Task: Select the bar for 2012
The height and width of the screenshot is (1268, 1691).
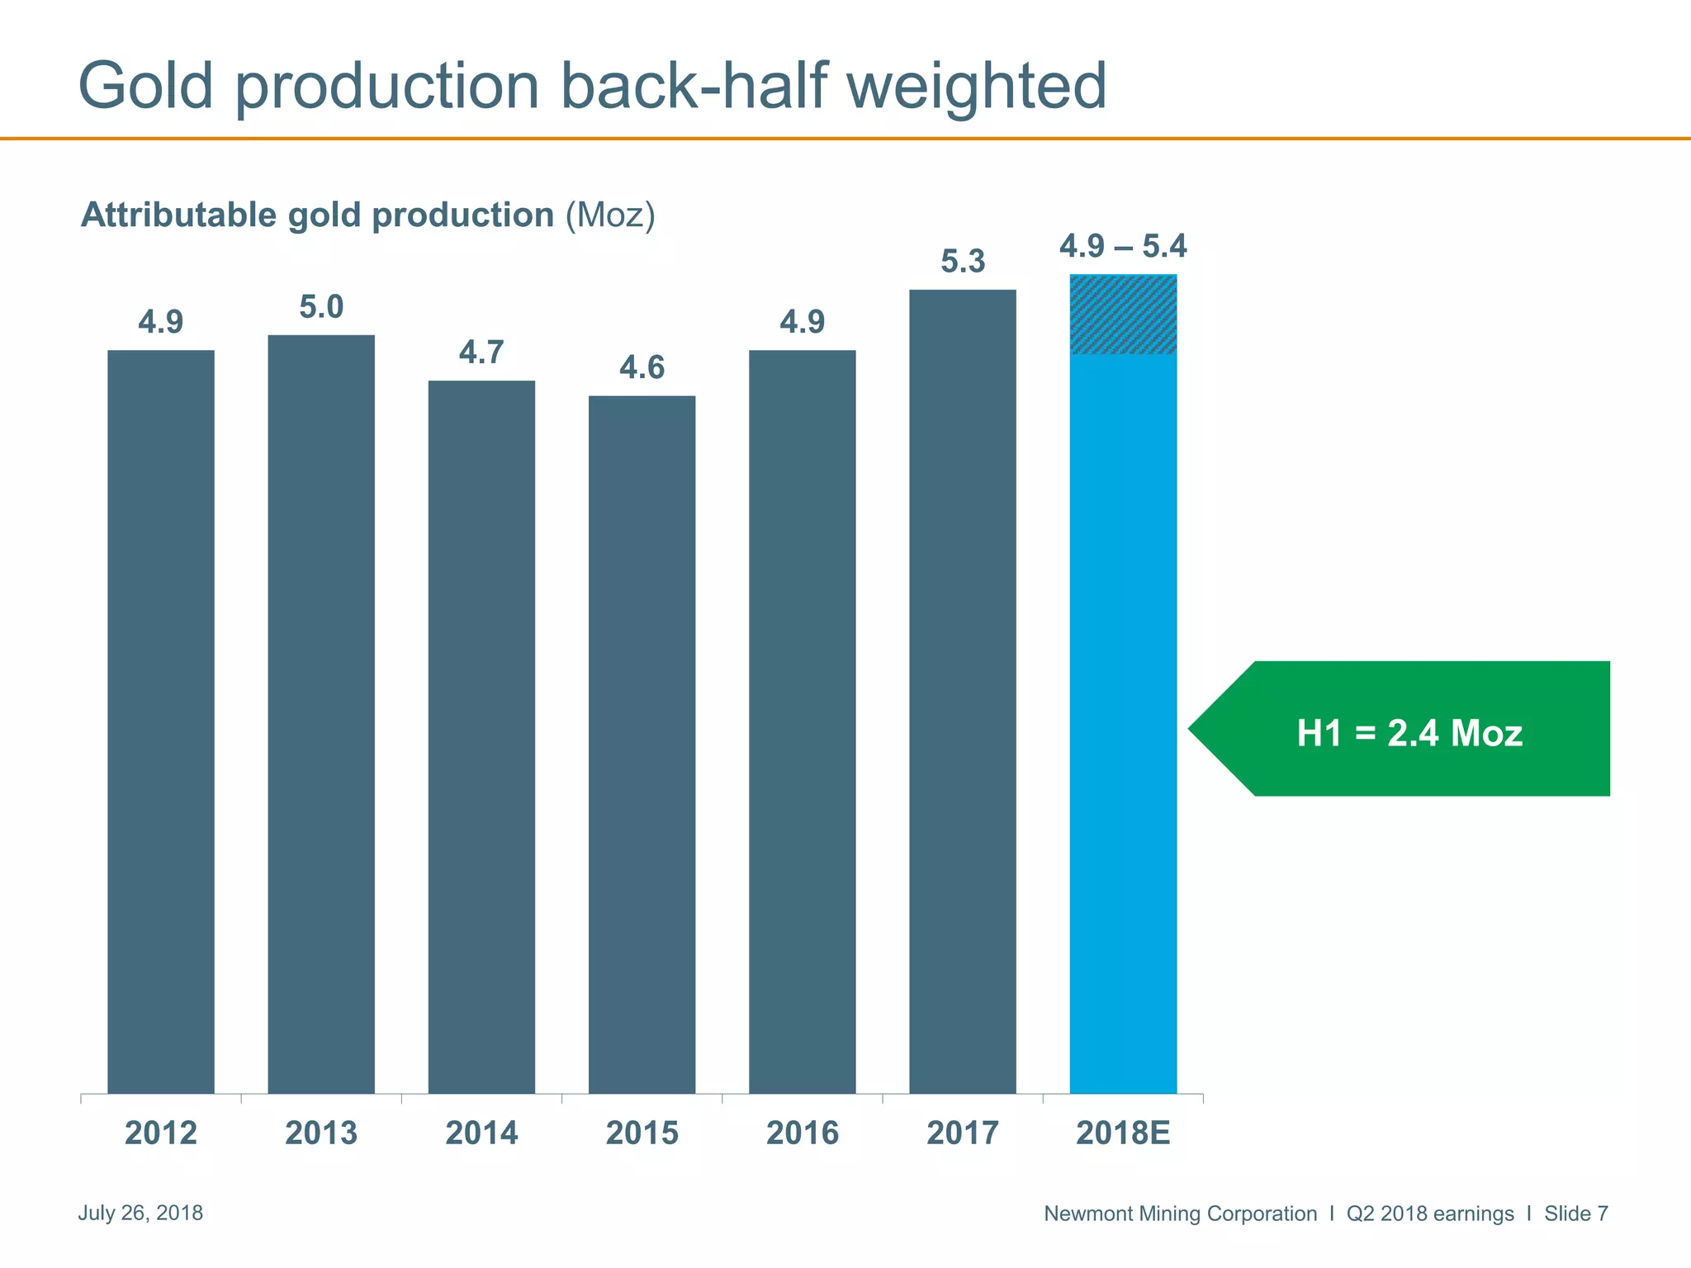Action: point(161,722)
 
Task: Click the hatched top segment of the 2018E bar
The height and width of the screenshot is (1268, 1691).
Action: point(1123,315)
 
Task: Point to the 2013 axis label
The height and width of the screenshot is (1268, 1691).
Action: point(321,1133)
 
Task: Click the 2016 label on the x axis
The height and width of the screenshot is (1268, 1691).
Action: point(803,1133)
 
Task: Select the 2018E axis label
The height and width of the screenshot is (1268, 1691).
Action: point(1123,1133)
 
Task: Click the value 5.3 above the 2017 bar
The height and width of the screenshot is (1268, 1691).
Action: point(963,262)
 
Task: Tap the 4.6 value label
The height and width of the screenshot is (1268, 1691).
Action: point(642,367)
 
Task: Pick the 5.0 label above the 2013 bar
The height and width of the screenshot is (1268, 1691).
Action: point(321,307)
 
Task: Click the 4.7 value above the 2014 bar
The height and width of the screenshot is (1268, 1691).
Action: point(481,352)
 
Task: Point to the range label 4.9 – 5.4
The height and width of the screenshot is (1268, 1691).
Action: point(1123,246)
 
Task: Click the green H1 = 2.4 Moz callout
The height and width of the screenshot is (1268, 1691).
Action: point(1409,732)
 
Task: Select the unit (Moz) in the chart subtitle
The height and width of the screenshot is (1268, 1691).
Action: point(610,215)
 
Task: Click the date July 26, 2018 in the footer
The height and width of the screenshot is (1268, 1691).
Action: point(140,1213)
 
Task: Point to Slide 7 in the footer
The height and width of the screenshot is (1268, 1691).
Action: point(1575,1214)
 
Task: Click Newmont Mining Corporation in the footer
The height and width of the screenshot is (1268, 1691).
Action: point(1180,1214)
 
